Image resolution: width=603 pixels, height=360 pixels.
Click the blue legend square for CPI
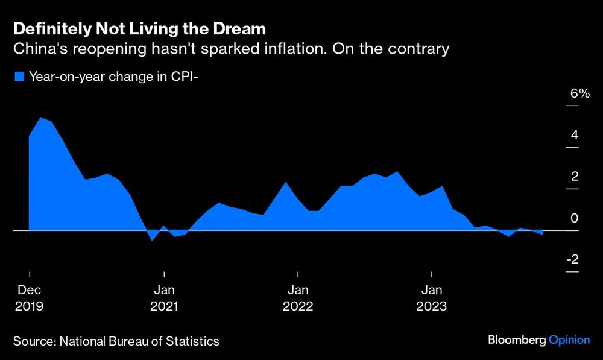pyautogui.click(x=19, y=77)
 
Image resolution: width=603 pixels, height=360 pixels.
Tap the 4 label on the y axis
pyautogui.click(x=575, y=134)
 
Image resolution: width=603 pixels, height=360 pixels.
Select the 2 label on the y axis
pyautogui.click(x=575, y=176)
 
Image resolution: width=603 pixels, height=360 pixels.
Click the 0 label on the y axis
pyautogui.click(x=575, y=218)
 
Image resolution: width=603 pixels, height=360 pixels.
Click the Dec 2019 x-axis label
pyautogui.click(x=29, y=298)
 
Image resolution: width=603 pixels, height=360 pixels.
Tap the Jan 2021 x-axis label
pyautogui.click(x=164, y=298)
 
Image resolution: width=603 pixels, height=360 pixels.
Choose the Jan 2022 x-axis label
pyautogui.click(x=298, y=298)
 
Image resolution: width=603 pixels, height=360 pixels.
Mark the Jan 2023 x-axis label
pyautogui.click(x=432, y=298)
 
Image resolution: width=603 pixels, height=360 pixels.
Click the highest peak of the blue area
pyautogui.click(x=40, y=118)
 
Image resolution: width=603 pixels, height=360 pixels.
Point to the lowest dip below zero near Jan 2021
pyautogui.click(x=153, y=240)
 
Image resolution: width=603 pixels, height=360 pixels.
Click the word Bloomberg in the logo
pyautogui.click(x=516, y=341)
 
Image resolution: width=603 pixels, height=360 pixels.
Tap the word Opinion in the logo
pyautogui.click(x=569, y=341)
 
